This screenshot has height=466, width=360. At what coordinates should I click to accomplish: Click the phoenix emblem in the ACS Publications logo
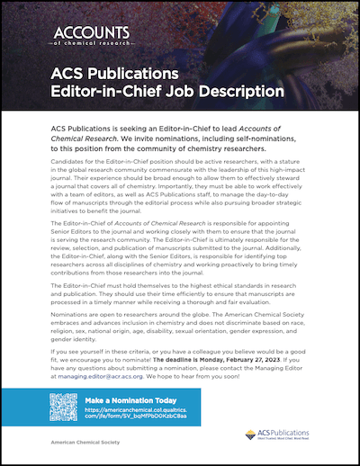coord(251,435)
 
